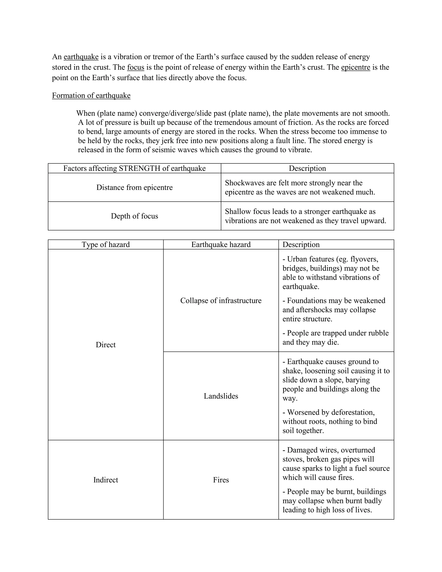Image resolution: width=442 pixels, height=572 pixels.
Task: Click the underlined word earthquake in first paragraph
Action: click(81, 57)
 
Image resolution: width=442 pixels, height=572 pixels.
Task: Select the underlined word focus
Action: click(136, 67)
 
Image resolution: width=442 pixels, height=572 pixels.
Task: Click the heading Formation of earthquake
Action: click(91, 95)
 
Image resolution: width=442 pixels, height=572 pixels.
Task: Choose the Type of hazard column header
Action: click(106, 245)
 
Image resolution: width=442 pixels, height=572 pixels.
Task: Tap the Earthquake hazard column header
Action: click(221, 245)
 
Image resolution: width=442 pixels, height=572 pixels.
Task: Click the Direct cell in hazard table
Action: click(106, 345)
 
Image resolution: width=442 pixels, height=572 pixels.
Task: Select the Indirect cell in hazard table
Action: click(106, 480)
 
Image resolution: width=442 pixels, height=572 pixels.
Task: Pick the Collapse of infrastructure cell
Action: click(221, 301)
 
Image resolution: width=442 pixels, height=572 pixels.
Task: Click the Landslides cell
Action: click(221, 396)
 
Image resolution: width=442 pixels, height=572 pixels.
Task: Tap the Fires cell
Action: click(221, 480)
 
